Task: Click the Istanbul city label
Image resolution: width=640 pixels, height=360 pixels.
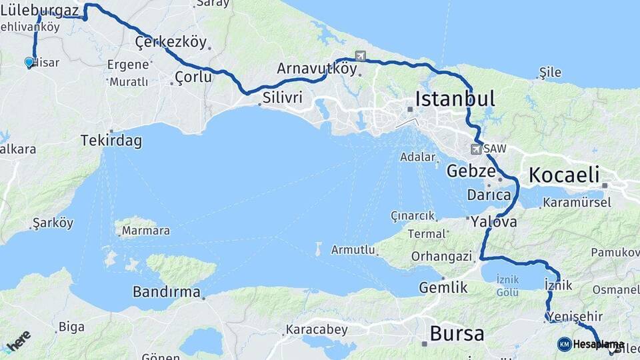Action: click(x=455, y=99)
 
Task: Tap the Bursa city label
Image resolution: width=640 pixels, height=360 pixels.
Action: click(x=457, y=333)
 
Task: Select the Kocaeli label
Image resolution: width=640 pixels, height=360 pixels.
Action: click(x=564, y=175)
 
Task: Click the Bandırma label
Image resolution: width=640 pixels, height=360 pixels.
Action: click(x=166, y=292)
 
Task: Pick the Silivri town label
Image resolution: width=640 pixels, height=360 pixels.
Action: click(x=282, y=98)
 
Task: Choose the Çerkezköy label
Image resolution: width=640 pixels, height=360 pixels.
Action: click(x=171, y=43)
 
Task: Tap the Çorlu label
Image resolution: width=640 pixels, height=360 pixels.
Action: click(x=193, y=77)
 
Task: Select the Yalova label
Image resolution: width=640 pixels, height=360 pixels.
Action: click(x=493, y=222)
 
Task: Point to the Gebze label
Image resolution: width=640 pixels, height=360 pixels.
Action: click(x=470, y=170)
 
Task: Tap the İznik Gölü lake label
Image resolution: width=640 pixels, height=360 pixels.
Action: click(x=507, y=287)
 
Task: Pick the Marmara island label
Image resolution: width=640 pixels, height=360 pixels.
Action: click(x=145, y=231)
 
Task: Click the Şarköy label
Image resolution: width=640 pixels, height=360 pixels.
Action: click(x=53, y=223)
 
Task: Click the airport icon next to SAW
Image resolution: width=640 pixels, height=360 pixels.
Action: click(x=476, y=149)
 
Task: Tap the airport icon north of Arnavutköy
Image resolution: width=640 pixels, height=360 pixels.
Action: click(x=361, y=56)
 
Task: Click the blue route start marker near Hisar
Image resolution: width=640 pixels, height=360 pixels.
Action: click(x=29, y=62)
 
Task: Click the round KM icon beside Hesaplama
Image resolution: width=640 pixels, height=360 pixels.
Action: click(x=564, y=344)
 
